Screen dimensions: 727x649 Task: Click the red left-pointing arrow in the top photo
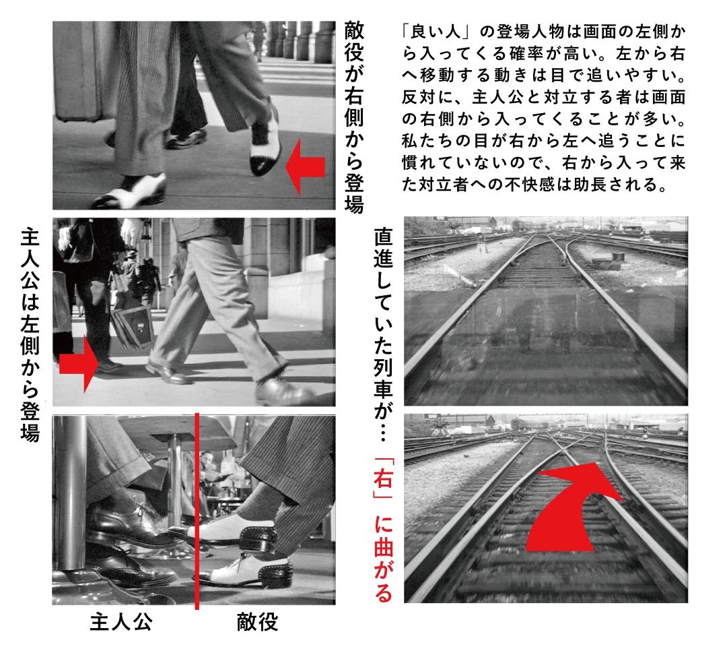point(304,166)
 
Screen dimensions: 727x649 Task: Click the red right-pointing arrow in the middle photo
point(79,363)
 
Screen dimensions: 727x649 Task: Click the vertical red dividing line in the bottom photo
point(197,511)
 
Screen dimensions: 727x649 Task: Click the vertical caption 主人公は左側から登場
point(30,334)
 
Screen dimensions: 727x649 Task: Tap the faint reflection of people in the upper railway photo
point(543,325)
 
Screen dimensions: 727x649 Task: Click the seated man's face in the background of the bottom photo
point(207,461)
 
